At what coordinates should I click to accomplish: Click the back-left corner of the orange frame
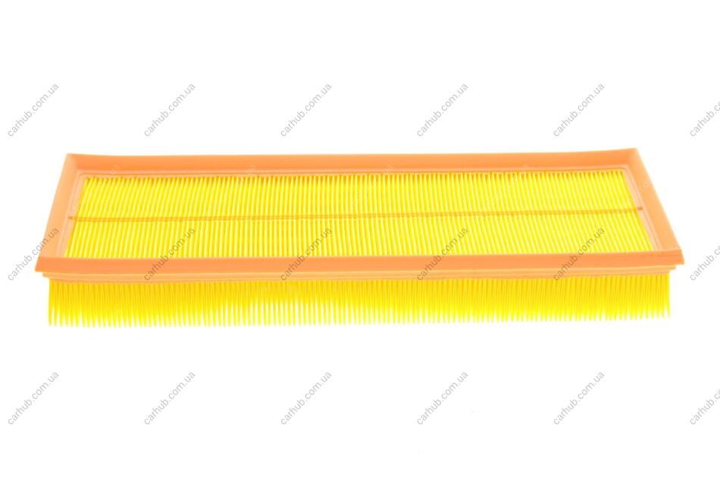click(x=67, y=155)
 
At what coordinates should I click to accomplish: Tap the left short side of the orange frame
click(x=58, y=214)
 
